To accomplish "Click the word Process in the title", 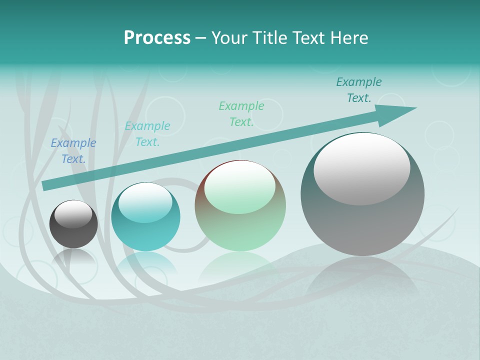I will click(x=157, y=38).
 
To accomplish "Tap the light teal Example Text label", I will click(x=147, y=134).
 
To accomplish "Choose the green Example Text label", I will click(x=241, y=114).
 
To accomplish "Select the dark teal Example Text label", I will click(x=359, y=90).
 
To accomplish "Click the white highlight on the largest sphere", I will click(x=361, y=167).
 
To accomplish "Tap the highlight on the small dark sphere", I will click(x=73, y=214).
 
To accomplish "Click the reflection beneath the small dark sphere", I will click(x=73, y=257).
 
